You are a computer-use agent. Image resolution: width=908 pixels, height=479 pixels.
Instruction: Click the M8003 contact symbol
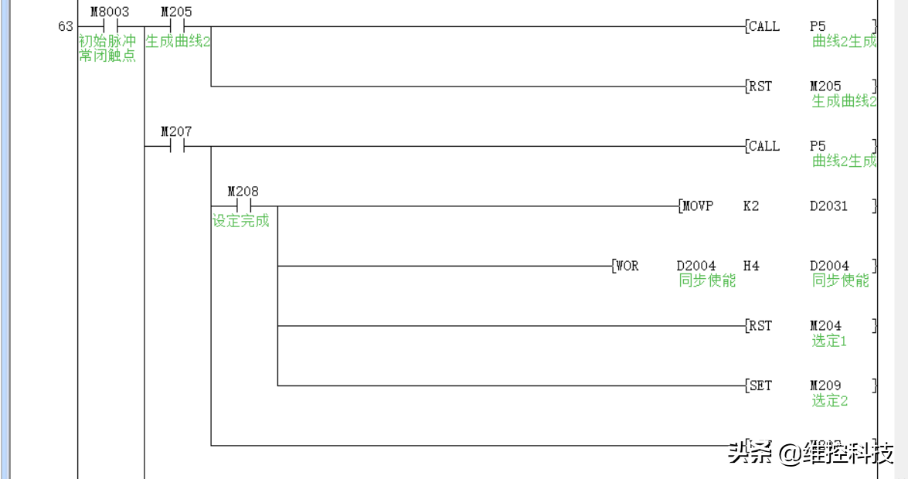pos(110,26)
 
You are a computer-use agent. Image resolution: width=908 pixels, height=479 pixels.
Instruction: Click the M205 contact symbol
pos(177,26)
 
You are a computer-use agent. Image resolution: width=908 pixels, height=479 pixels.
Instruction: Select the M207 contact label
pos(176,131)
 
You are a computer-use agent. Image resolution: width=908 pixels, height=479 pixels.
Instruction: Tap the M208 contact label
pos(243,191)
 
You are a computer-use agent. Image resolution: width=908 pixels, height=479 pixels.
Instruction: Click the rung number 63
pos(66,26)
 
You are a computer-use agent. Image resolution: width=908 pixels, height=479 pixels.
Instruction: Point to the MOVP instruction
pos(699,206)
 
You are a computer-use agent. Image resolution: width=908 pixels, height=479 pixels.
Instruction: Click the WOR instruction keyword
pos(627,266)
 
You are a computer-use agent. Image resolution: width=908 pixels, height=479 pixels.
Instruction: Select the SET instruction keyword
pos(760,386)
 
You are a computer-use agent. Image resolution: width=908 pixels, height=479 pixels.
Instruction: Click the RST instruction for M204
pos(760,325)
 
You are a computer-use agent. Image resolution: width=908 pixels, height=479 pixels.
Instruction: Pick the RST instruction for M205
pos(760,86)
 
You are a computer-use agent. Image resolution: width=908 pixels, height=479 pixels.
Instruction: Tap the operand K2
pos(750,206)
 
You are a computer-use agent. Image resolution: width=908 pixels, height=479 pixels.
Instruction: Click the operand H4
pos(750,266)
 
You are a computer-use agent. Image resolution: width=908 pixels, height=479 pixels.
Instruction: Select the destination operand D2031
pos(828,206)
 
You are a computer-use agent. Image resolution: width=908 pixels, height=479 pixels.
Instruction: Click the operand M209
pos(825,386)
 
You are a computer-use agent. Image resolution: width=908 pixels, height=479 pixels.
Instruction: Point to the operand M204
pos(825,325)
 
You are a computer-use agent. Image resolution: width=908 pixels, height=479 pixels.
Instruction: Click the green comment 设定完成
pos(241,221)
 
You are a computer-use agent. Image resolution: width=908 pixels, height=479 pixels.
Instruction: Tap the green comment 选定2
pos(829,400)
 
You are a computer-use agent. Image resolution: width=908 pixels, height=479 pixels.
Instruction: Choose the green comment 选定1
pos(829,341)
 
